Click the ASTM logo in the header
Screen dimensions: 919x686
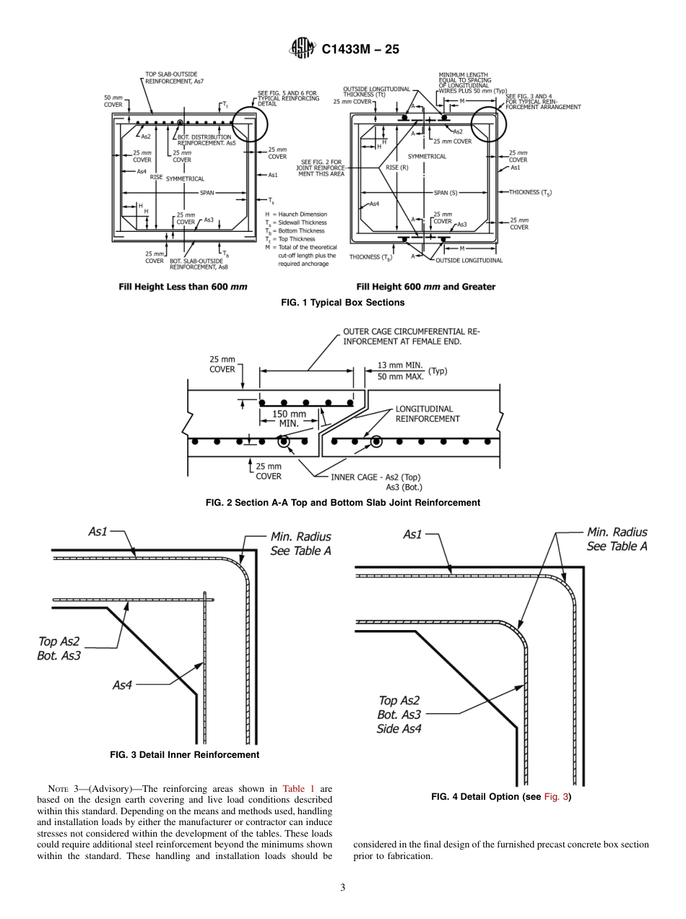click(301, 48)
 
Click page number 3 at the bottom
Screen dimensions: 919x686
click(343, 887)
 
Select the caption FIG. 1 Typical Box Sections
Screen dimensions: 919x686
click(342, 302)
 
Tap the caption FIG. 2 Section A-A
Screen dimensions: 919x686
click(342, 502)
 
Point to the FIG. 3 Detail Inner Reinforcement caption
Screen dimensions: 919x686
click(184, 754)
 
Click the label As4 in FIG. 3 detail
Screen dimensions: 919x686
click(123, 685)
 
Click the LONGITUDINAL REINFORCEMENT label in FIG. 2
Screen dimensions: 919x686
click(427, 413)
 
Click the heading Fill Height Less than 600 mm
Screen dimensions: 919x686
click(183, 287)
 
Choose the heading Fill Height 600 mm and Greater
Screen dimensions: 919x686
click(425, 287)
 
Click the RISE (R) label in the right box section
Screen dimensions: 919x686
click(398, 167)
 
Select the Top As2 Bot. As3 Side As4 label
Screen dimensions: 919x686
click(399, 714)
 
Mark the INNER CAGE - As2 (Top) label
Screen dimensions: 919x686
click(375, 477)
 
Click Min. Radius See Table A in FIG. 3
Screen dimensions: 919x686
click(301, 543)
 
